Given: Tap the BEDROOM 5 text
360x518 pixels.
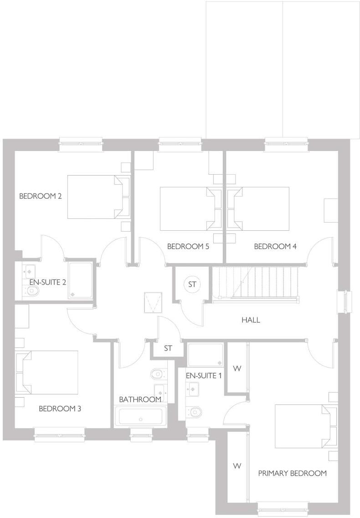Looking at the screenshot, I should [188, 247].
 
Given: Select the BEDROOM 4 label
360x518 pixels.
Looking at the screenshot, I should [275, 247].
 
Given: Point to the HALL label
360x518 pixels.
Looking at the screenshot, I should [251, 320].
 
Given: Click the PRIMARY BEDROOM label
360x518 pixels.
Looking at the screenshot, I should [292, 473].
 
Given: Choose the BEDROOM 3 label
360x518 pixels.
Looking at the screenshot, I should [60, 409].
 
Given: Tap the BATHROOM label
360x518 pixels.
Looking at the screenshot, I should [140, 399].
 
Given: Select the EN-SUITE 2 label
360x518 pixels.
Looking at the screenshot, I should [47, 282].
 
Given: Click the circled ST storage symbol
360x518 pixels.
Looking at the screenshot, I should [192, 285].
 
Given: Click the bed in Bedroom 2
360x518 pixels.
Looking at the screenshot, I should [98, 197].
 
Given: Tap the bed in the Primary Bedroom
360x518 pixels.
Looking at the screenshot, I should [305, 426].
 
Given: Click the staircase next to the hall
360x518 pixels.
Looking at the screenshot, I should [255, 283].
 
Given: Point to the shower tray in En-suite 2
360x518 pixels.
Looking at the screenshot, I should [80, 280].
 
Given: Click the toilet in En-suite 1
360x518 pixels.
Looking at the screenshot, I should [194, 412].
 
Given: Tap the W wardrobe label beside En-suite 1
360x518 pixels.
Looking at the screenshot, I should [237, 368].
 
